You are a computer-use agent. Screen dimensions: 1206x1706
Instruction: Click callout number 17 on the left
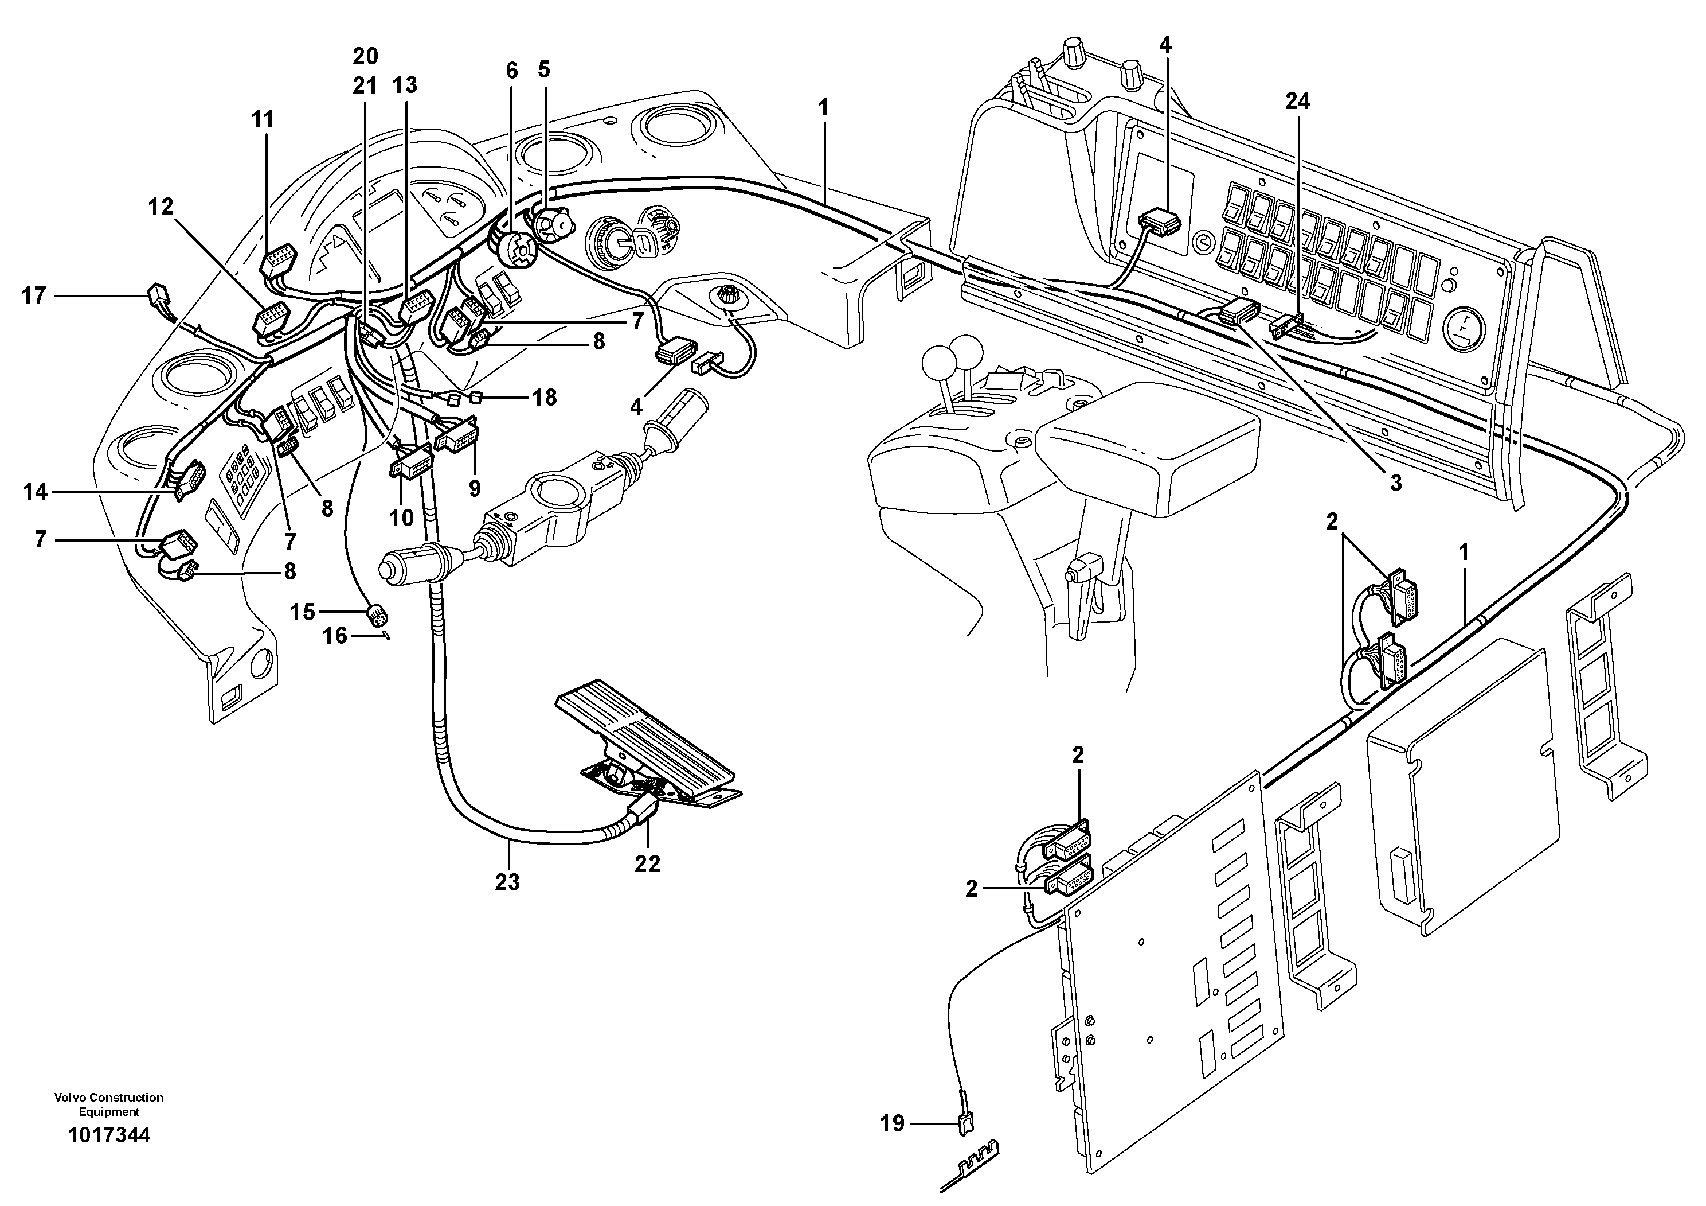point(33,296)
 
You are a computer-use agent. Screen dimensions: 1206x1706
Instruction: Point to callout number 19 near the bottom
point(893,1123)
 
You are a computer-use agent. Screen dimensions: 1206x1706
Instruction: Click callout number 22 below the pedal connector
point(647,864)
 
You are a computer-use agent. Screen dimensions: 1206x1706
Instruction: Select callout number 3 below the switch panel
point(1395,483)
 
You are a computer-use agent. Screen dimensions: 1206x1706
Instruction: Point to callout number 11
point(263,119)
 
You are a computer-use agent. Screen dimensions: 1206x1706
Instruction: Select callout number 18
point(545,398)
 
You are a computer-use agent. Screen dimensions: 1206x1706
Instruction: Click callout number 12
point(161,207)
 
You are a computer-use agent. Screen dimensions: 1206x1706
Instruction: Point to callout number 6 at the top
point(511,71)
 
